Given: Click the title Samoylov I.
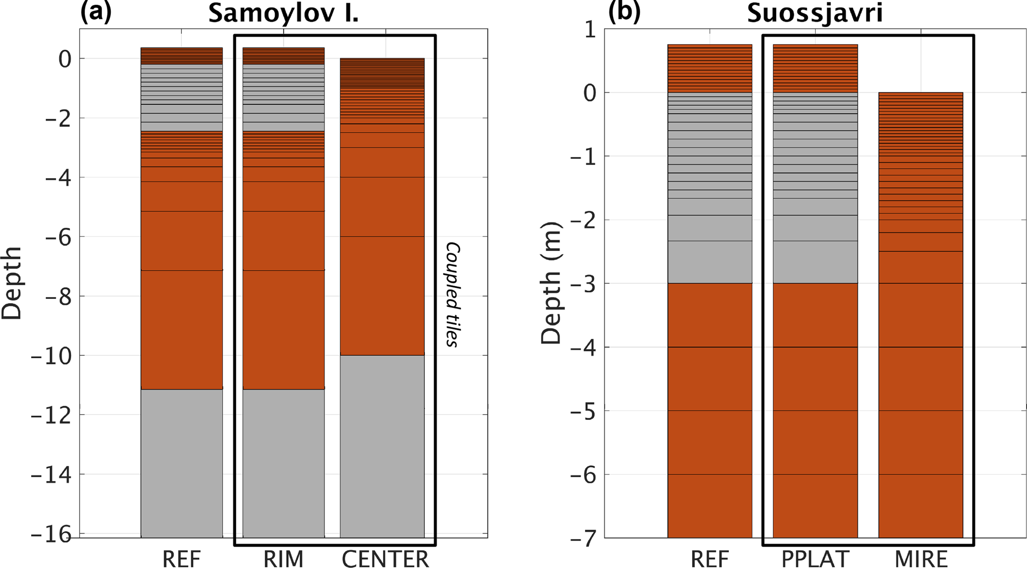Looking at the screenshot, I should click(x=283, y=13).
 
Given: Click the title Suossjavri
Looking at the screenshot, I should click(x=815, y=13).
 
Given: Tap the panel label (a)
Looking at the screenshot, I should click(x=96, y=11).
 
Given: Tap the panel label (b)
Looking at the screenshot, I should click(x=624, y=11).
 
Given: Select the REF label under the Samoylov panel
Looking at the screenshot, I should click(x=181, y=559).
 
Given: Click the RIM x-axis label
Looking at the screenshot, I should click(x=283, y=559).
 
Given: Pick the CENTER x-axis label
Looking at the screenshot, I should click(x=385, y=559).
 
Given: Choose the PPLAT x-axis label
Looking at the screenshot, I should click(x=815, y=559).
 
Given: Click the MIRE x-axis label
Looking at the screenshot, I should click(x=921, y=559).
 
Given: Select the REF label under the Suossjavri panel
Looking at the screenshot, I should click(x=710, y=559).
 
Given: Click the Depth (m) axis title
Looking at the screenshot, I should click(x=551, y=283).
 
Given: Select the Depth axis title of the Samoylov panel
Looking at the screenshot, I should click(x=12, y=283).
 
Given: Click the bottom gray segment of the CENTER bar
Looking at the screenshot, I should click(x=382, y=446).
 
